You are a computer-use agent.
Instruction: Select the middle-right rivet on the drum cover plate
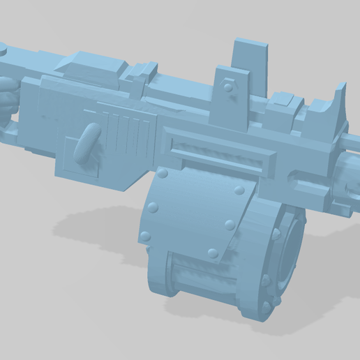[x=229, y=225]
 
